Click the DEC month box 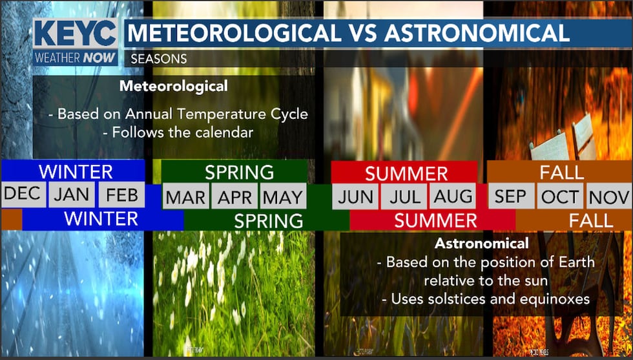(22, 194)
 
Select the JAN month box (71, 194)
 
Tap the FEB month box (121, 194)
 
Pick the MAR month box (185, 196)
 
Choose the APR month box (234, 196)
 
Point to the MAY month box (282, 196)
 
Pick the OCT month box (559, 196)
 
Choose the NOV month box (608, 196)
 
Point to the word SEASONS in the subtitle (159, 59)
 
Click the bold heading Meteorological (174, 86)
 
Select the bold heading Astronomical (482, 244)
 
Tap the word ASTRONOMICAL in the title (477, 34)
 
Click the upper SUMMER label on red (406, 173)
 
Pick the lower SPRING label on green (268, 220)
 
